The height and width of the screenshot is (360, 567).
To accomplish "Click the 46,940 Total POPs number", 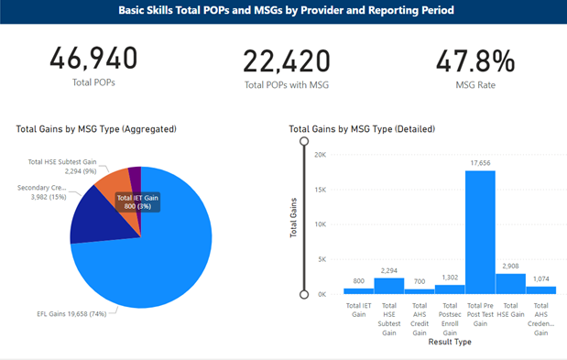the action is click(x=93, y=58).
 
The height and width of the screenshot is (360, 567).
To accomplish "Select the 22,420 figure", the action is click(x=287, y=61).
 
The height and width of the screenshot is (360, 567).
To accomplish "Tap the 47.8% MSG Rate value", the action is click(x=475, y=60).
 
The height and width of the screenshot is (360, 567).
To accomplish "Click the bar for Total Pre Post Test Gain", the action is click(x=480, y=233).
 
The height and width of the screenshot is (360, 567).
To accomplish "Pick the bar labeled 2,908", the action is click(x=510, y=284).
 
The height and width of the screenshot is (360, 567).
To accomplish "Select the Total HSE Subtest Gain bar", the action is click(x=389, y=286).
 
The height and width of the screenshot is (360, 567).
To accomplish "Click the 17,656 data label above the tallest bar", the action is click(x=480, y=163).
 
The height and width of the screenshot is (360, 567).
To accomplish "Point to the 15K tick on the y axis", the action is click(x=320, y=190).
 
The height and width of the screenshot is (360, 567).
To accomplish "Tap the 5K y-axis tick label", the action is click(x=322, y=259).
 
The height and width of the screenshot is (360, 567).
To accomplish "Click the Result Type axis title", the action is click(x=450, y=342).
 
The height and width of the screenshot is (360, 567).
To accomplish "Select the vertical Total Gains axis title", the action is click(x=293, y=218).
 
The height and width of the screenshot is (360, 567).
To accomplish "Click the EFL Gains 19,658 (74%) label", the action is click(x=71, y=313).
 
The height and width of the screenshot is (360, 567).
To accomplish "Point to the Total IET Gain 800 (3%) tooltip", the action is click(x=137, y=202).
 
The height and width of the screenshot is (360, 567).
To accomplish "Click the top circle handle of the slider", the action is click(x=304, y=141).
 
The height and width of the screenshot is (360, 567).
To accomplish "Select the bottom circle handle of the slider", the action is click(x=304, y=295).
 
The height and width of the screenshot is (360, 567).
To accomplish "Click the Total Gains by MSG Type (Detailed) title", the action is click(x=362, y=129).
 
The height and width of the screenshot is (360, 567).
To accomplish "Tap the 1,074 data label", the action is click(x=541, y=278).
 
